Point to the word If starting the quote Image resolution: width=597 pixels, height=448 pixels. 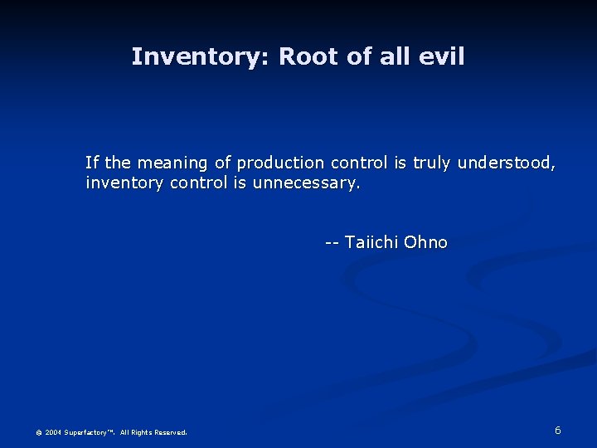tap(92, 162)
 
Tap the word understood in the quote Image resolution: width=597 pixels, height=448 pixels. tap(506, 163)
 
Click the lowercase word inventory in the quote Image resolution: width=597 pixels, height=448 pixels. tap(125, 183)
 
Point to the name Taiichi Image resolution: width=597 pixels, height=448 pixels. tap(371, 242)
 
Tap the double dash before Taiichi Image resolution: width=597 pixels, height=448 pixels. tap(332, 242)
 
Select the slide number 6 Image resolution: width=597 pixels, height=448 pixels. tap(558, 430)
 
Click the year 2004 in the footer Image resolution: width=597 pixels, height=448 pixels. tap(53, 432)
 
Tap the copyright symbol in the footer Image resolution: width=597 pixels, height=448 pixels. tap(38, 432)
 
